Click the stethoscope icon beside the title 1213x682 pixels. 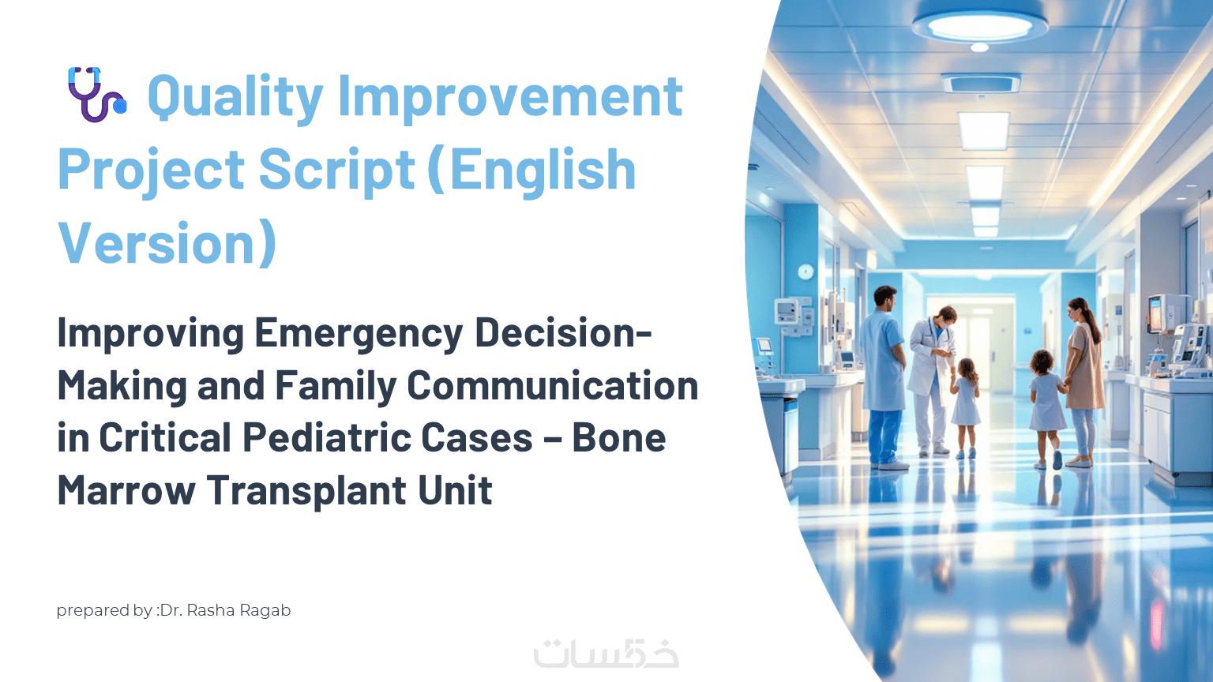click(x=96, y=94)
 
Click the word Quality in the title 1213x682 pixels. click(x=235, y=97)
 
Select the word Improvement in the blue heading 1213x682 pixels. click(x=510, y=97)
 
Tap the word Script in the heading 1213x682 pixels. click(x=337, y=170)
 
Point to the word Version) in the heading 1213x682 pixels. click(x=167, y=244)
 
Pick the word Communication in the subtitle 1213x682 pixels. click(x=552, y=386)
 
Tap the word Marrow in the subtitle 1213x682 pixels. click(x=126, y=490)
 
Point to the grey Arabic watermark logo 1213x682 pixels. click(x=606, y=654)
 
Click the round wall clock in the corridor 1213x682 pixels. click(x=806, y=272)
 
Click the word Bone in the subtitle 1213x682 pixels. click(x=619, y=437)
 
